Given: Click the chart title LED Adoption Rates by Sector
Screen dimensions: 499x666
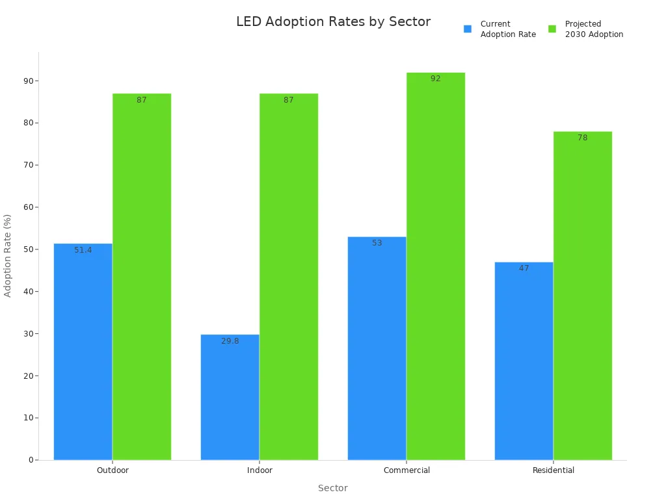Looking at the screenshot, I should (x=333, y=21).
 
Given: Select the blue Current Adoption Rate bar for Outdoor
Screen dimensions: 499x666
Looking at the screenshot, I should (x=83, y=351).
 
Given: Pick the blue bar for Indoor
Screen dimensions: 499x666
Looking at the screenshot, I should (x=230, y=396).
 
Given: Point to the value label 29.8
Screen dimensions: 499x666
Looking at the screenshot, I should (x=230, y=341).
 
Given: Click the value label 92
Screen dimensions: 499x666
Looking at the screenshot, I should (x=436, y=79).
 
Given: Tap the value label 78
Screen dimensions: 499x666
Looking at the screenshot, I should (x=583, y=138).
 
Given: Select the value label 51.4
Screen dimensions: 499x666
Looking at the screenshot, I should (x=83, y=250).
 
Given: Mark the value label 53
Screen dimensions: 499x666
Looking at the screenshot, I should (x=377, y=243).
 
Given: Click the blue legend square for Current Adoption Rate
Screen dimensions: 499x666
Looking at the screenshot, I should (x=468, y=29).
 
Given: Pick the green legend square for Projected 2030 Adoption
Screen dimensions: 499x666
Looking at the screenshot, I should (x=552, y=29).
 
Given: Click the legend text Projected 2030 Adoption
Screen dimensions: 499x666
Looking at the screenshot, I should (x=594, y=29).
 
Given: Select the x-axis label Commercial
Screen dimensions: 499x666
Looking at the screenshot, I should (x=406, y=470).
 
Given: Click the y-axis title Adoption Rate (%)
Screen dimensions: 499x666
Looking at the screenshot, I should (x=8, y=255).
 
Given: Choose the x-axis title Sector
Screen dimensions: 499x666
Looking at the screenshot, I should (x=332, y=488).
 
